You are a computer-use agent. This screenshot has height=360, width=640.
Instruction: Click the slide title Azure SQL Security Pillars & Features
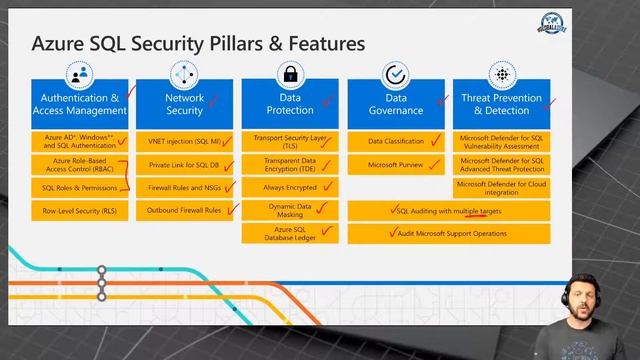[198, 44]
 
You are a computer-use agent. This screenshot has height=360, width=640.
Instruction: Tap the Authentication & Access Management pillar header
[80, 104]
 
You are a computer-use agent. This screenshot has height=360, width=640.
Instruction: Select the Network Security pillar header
[184, 104]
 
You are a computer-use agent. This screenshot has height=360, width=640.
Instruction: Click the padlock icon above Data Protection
[290, 74]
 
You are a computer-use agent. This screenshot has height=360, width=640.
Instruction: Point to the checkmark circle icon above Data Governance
[396, 74]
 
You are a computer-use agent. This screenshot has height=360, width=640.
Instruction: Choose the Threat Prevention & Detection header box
[501, 104]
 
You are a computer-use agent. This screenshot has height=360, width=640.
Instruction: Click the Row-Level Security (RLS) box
[80, 211]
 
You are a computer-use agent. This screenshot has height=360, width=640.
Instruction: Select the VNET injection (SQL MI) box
[184, 141]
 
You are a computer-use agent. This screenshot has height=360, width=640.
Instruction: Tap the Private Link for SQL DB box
[184, 164]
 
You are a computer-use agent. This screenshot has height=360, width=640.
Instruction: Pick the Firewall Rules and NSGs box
[184, 187]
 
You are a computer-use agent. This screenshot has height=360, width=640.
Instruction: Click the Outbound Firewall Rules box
[184, 210]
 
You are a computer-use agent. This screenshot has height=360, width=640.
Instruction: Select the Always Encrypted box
[290, 187]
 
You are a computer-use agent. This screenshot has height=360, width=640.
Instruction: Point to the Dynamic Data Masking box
[290, 210]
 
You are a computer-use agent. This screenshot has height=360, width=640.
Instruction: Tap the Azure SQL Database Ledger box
[290, 233]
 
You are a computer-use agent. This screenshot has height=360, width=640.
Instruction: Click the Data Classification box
[396, 141]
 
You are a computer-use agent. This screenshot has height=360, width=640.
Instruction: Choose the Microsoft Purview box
[396, 164]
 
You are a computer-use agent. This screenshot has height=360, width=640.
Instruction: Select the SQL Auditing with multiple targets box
[448, 211]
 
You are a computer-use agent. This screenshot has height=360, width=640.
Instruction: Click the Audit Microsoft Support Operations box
[448, 233]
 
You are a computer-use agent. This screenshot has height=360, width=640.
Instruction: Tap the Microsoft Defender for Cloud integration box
[501, 187]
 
